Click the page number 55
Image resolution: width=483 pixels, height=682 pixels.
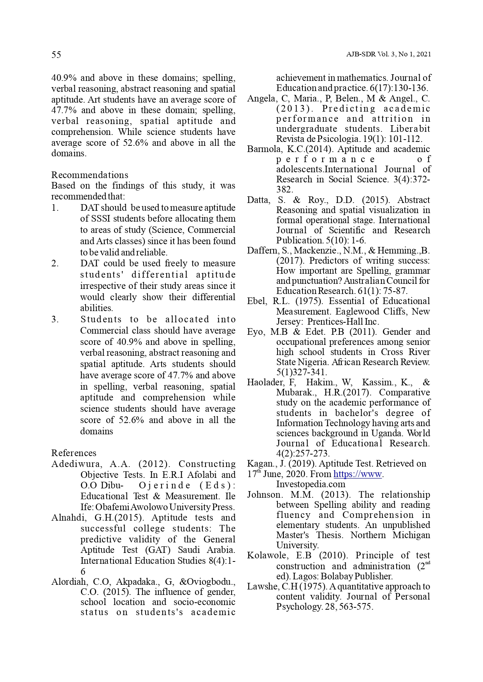[56, 55]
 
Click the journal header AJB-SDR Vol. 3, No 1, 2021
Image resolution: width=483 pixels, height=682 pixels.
[388, 54]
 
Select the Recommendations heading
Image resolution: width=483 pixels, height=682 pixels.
[90, 175]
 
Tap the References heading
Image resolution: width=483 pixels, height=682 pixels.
[74, 453]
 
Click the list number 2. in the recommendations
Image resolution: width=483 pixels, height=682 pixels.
[55, 264]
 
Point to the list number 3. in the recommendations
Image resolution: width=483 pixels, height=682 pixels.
[55, 320]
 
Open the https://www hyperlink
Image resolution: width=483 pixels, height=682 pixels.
[358, 474]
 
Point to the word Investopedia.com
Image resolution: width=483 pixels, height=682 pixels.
[311, 484]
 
